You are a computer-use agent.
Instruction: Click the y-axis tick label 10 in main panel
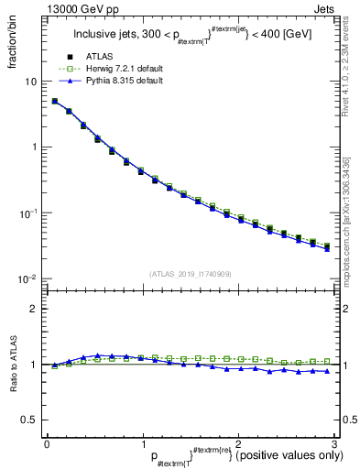click(30, 82)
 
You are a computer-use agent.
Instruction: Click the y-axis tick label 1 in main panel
click(33, 147)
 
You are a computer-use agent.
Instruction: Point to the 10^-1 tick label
click(28, 213)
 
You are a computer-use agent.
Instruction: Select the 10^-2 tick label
click(28, 278)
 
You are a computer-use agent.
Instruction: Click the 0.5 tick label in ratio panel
click(29, 420)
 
